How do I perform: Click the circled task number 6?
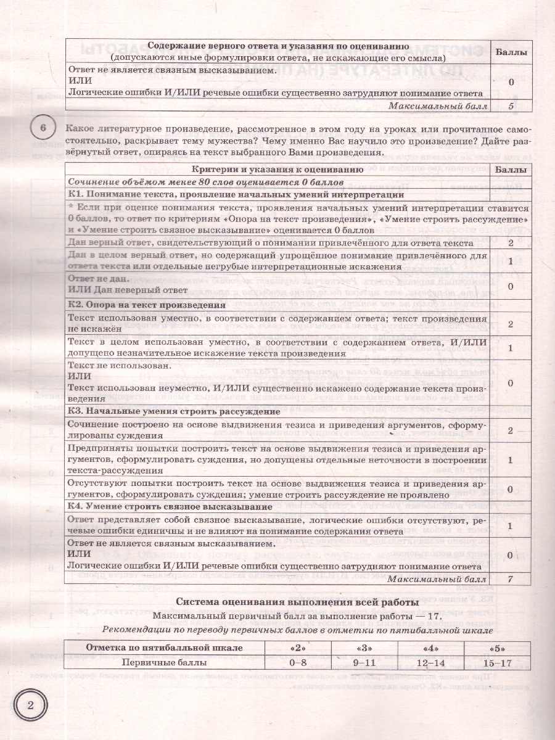point(42,128)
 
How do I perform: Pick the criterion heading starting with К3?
point(166,411)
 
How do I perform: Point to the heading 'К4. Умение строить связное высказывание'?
point(170,506)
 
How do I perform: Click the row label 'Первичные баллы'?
point(164,663)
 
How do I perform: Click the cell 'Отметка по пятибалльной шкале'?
point(164,647)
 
